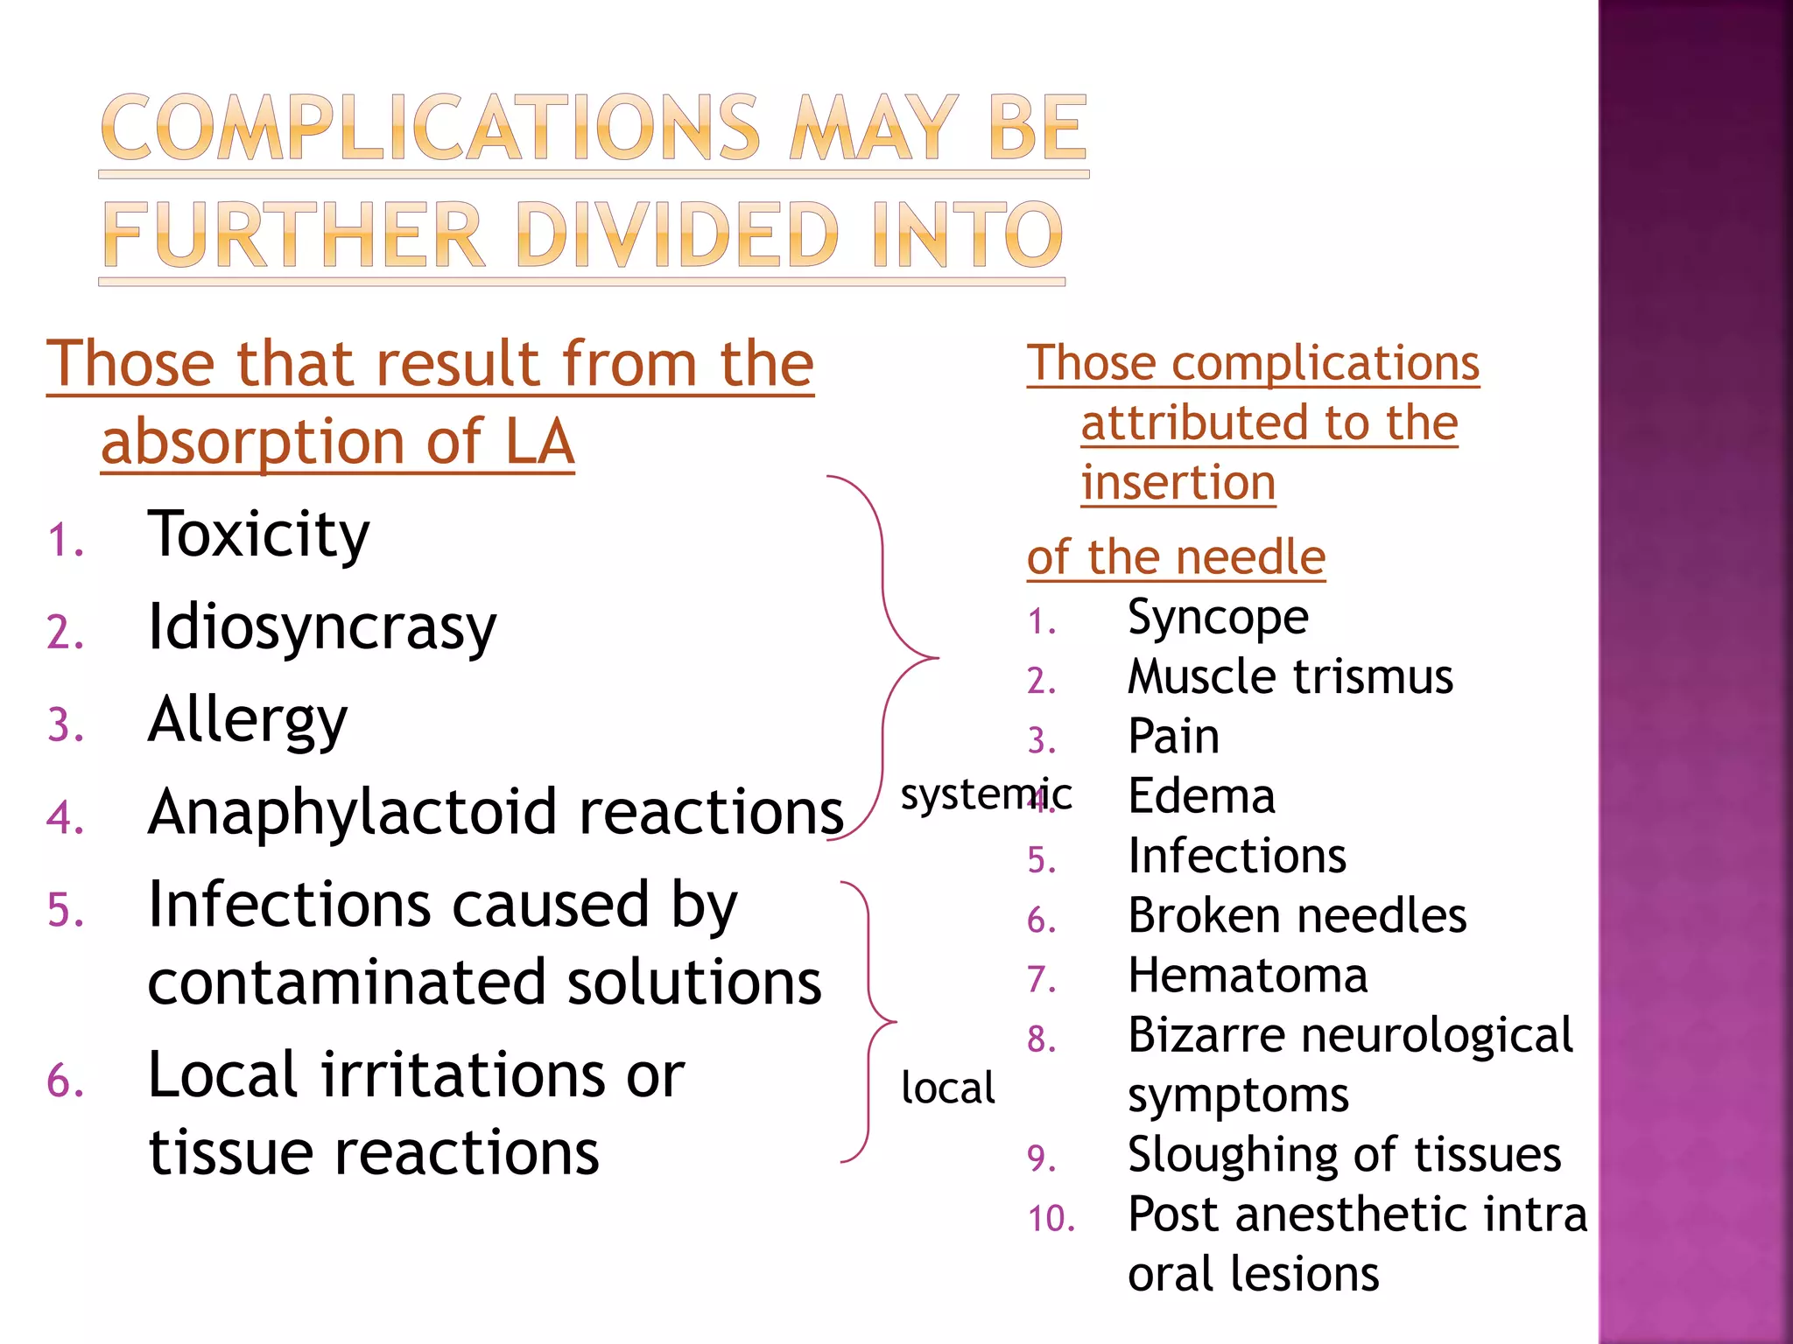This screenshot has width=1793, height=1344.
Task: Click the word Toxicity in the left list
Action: (x=258, y=535)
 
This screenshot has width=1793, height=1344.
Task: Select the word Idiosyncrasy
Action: (x=321, y=627)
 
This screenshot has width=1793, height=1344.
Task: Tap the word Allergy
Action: (x=248, y=720)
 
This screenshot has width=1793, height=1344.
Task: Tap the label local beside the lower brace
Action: (x=948, y=1088)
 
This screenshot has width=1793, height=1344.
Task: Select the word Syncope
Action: (x=1218, y=618)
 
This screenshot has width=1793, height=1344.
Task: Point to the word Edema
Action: (x=1201, y=796)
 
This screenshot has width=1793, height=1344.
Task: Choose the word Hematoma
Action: (x=1248, y=976)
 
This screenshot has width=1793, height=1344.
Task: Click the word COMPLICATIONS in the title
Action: (x=430, y=129)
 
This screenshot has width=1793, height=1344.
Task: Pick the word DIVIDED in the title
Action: (x=678, y=235)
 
